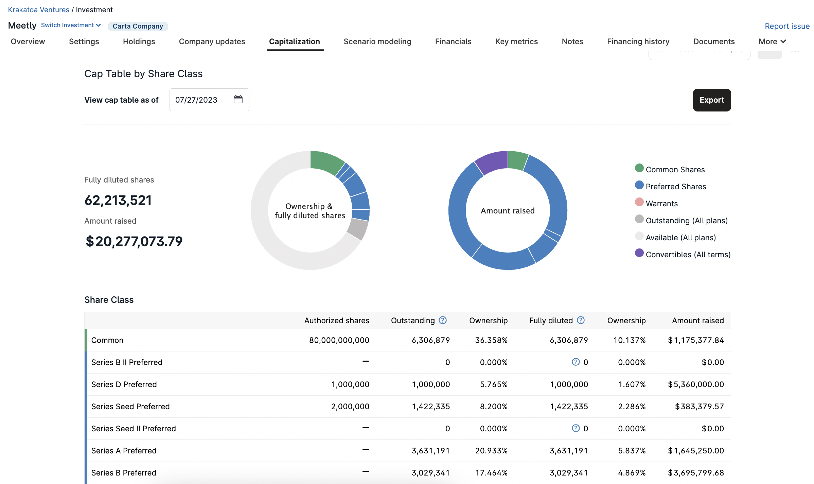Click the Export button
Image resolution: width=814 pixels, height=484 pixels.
[x=712, y=100]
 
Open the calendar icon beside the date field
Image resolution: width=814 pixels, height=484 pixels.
[x=238, y=100]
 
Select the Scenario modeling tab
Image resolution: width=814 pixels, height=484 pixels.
[x=377, y=41]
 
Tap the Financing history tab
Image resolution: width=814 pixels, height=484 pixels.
[x=638, y=41]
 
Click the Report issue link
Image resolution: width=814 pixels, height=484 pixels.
[x=787, y=26]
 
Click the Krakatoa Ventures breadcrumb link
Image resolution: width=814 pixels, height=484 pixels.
[x=39, y=10]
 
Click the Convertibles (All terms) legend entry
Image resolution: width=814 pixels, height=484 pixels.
[x=683, y=254]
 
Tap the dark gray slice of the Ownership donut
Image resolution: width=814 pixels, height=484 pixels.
[x=358, y=229]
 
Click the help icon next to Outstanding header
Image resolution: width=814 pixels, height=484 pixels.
[x=443, y=320]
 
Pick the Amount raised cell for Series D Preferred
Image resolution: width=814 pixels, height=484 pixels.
[x=696, y=384]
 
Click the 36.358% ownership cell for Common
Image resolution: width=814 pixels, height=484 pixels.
[x=491, y=340]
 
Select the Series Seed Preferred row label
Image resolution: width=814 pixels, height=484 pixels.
[x=130, y=407]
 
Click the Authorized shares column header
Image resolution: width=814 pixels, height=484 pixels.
[x=337, y=321]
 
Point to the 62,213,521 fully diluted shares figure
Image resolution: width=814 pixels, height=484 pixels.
[x=118, y=200]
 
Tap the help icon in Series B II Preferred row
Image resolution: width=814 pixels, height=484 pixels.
[x=576, y=362]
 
